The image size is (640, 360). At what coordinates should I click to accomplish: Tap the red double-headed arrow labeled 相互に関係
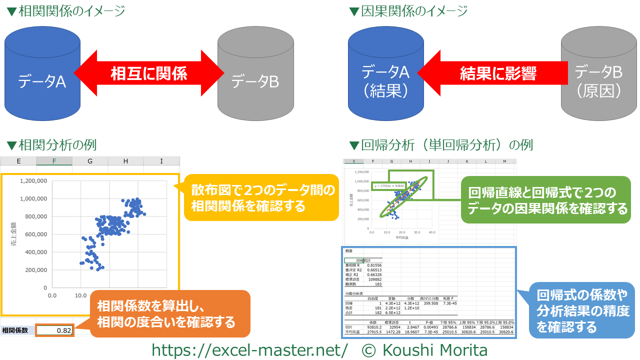click(148, 74)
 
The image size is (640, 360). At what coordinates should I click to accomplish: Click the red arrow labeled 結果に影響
click(492, 74)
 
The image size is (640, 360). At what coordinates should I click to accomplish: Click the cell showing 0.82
click(55, 330)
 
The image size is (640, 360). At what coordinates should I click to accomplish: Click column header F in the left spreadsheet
click(54, 161)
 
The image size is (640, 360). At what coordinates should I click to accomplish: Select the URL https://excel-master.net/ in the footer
click(249, 349)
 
